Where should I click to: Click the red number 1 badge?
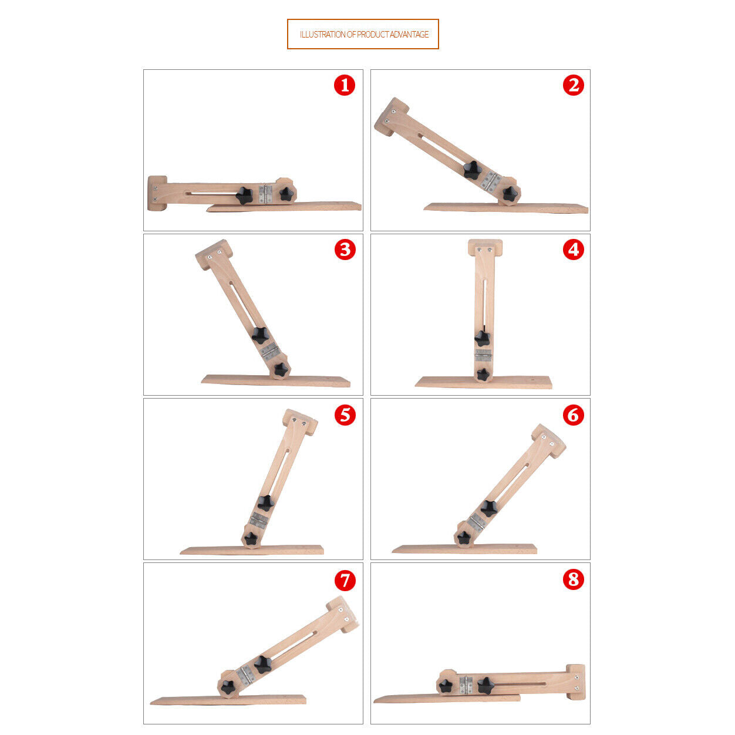345,86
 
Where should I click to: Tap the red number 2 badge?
574,86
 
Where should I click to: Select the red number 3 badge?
345,250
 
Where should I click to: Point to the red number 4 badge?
574,250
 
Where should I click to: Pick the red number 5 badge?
345,415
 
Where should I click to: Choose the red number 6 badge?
574,415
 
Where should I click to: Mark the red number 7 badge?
345,580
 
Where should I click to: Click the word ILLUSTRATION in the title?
323,35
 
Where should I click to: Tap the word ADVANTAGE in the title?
409,35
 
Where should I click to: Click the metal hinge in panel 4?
483,356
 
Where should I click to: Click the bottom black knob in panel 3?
281,369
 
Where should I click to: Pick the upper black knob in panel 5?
265,503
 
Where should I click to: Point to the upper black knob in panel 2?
473,170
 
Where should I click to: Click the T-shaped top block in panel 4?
485,248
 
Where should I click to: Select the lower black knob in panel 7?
228,687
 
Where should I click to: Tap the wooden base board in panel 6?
464,549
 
